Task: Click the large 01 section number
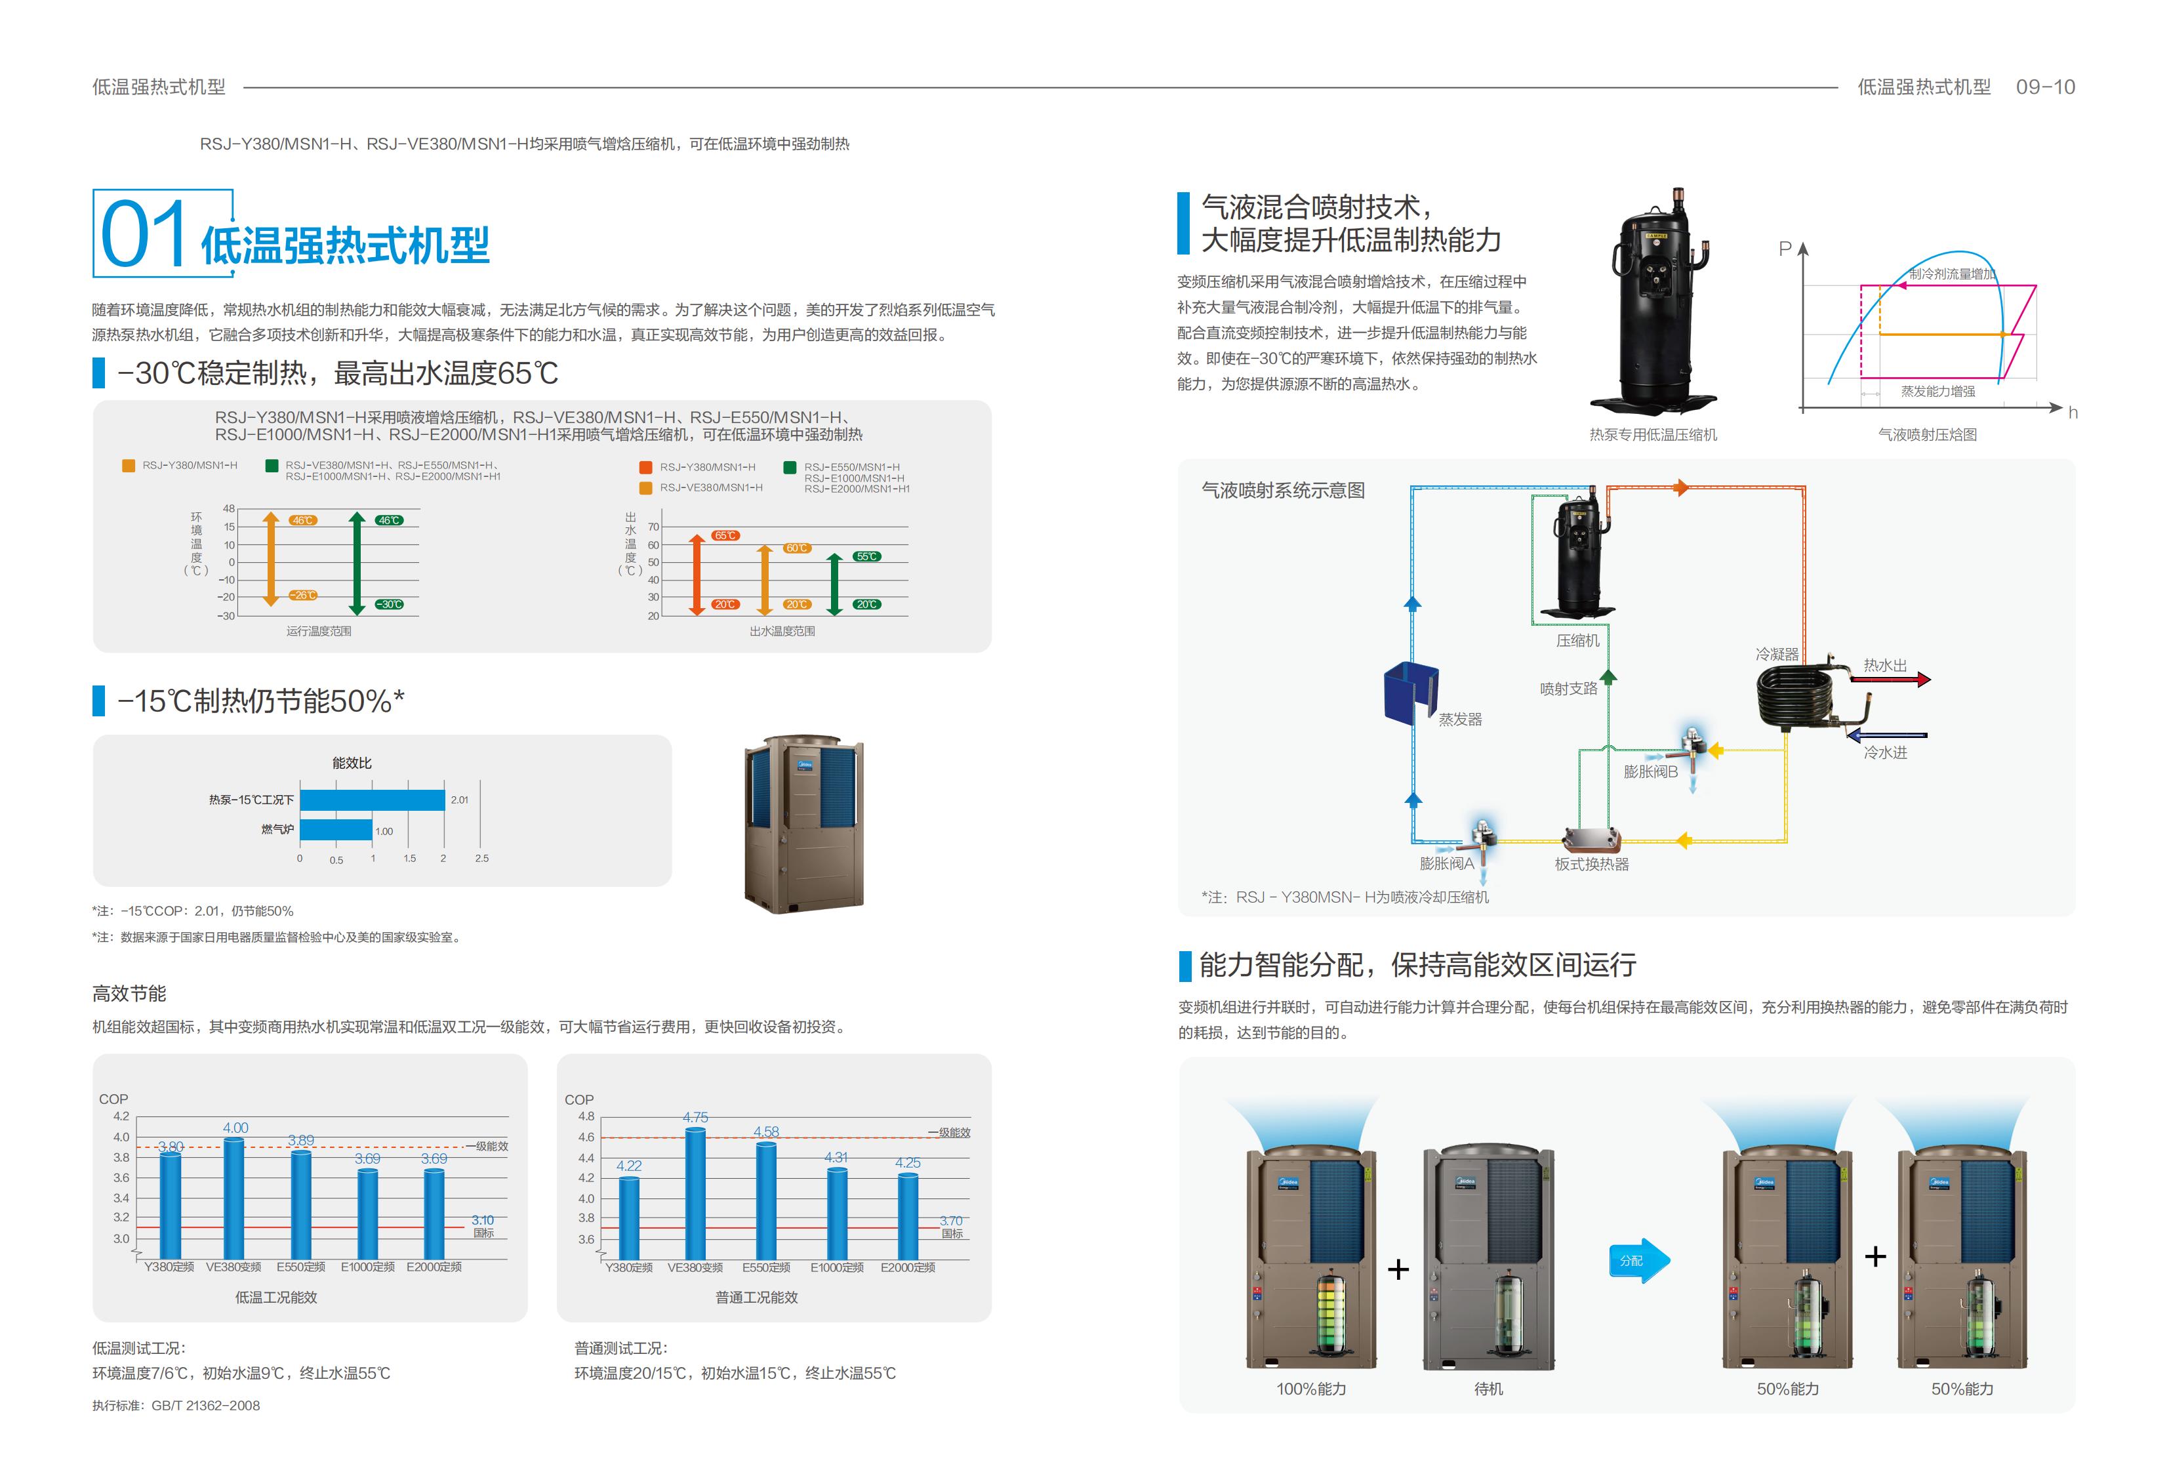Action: coord(143,234)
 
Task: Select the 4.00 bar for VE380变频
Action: coord(233,1198)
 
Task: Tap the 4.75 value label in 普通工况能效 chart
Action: coord(695,1117)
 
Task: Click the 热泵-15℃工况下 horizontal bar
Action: coord(373,800)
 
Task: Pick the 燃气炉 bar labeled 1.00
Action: coord(336,830)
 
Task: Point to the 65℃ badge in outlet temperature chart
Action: coord(725,536)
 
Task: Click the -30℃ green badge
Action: coord(389,605)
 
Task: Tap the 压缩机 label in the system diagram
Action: coord(1577,640)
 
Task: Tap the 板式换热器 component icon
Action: coord(1591,840)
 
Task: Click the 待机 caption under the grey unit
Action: coord(1489,1389)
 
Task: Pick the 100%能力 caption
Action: coord(1311,1389)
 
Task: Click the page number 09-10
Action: coord(2045,87)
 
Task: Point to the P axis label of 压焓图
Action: coord(1785,249)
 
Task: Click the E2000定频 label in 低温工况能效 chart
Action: coord(434,1267)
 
